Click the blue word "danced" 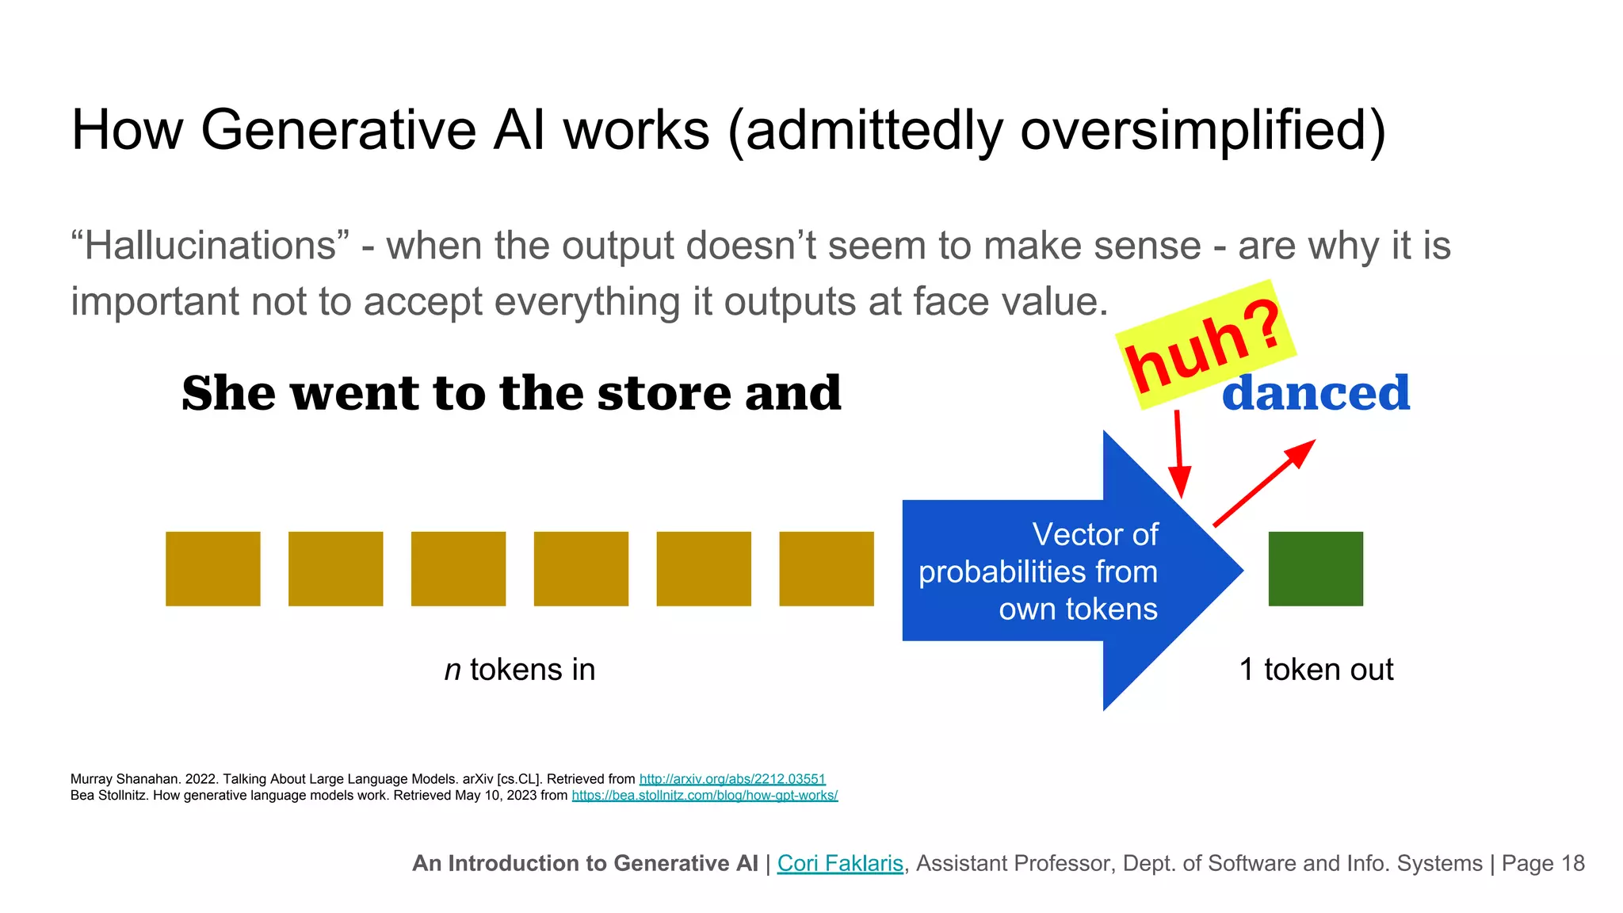[x=1316, y=393]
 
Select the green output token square [x=1316, y=569]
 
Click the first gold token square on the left [x=212, y=569]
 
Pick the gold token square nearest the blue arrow [x=826, y=569]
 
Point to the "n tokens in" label [x=519, y=670]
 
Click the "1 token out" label [x=1316, y=670]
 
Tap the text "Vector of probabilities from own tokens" [x=1038, y=571]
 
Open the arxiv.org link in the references [x=731, y=779]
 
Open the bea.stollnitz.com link [x=704, y=795]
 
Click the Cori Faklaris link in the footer [x=839, y=863]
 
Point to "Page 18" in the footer [x=1543, y=863]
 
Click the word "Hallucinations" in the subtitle [x=210, y=246]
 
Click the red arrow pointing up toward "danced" [x=1264, y=483]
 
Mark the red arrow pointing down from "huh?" [x=1179, y=455]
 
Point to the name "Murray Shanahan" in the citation [x=119, y=779]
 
